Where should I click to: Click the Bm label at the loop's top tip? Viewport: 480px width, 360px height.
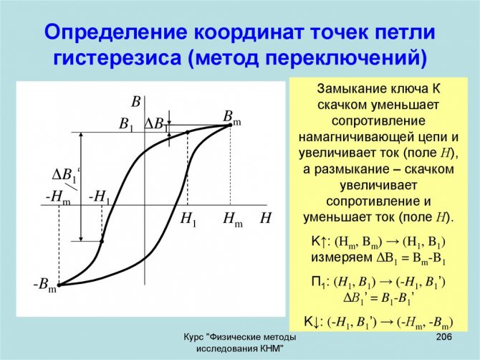click(232, 118)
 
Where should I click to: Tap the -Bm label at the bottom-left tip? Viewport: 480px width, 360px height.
click(45, 285)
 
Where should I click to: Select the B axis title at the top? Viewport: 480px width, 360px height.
click(135, 102)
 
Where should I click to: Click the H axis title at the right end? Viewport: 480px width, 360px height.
click(266, 218)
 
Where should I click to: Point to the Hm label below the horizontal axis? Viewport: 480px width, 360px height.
click(233, 219)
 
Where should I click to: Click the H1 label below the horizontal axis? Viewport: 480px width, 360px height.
click(188, 219)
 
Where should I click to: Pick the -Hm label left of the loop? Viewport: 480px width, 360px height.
click(58, 197)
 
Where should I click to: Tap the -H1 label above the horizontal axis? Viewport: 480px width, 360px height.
click(99, 197)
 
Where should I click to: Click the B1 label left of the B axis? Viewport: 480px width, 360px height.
click(126, 125)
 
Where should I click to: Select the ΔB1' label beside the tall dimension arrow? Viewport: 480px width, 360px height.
click(66, 176)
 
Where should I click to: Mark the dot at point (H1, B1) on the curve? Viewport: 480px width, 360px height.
click(188, 133)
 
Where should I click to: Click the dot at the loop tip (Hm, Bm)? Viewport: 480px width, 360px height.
click(230, 125)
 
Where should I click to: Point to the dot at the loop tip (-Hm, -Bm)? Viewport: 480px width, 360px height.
click(59, 285)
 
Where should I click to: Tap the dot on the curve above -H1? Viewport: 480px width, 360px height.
click(102, 242)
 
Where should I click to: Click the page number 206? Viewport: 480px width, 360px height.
click(443, 337)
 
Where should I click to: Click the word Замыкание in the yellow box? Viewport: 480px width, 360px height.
click(352, 89)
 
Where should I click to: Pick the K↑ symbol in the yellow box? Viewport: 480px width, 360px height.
click(318, 242)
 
